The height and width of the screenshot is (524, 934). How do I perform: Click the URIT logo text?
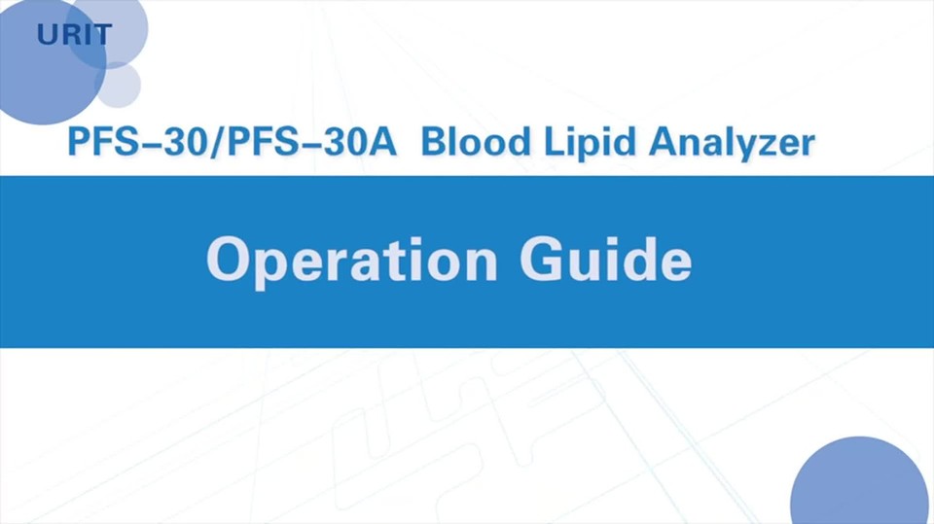[x=75, y=35]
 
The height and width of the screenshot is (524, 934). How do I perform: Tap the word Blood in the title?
[x=476, y=142]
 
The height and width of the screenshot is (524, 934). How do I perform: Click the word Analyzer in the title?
[x=732, y=144]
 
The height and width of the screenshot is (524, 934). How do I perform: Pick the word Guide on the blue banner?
[x=606, y=259]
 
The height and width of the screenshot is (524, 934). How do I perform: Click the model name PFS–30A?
[x=311, y=142]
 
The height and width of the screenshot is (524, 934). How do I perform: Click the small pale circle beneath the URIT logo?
[x=118, y=86]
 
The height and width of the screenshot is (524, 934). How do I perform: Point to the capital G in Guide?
[x=542, y=259]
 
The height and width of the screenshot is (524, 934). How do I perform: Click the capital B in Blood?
[x=434, y=142]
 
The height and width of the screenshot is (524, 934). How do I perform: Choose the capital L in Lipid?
[x=555, y=142]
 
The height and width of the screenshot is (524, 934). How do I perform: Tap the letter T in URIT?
[x=102, y=35]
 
